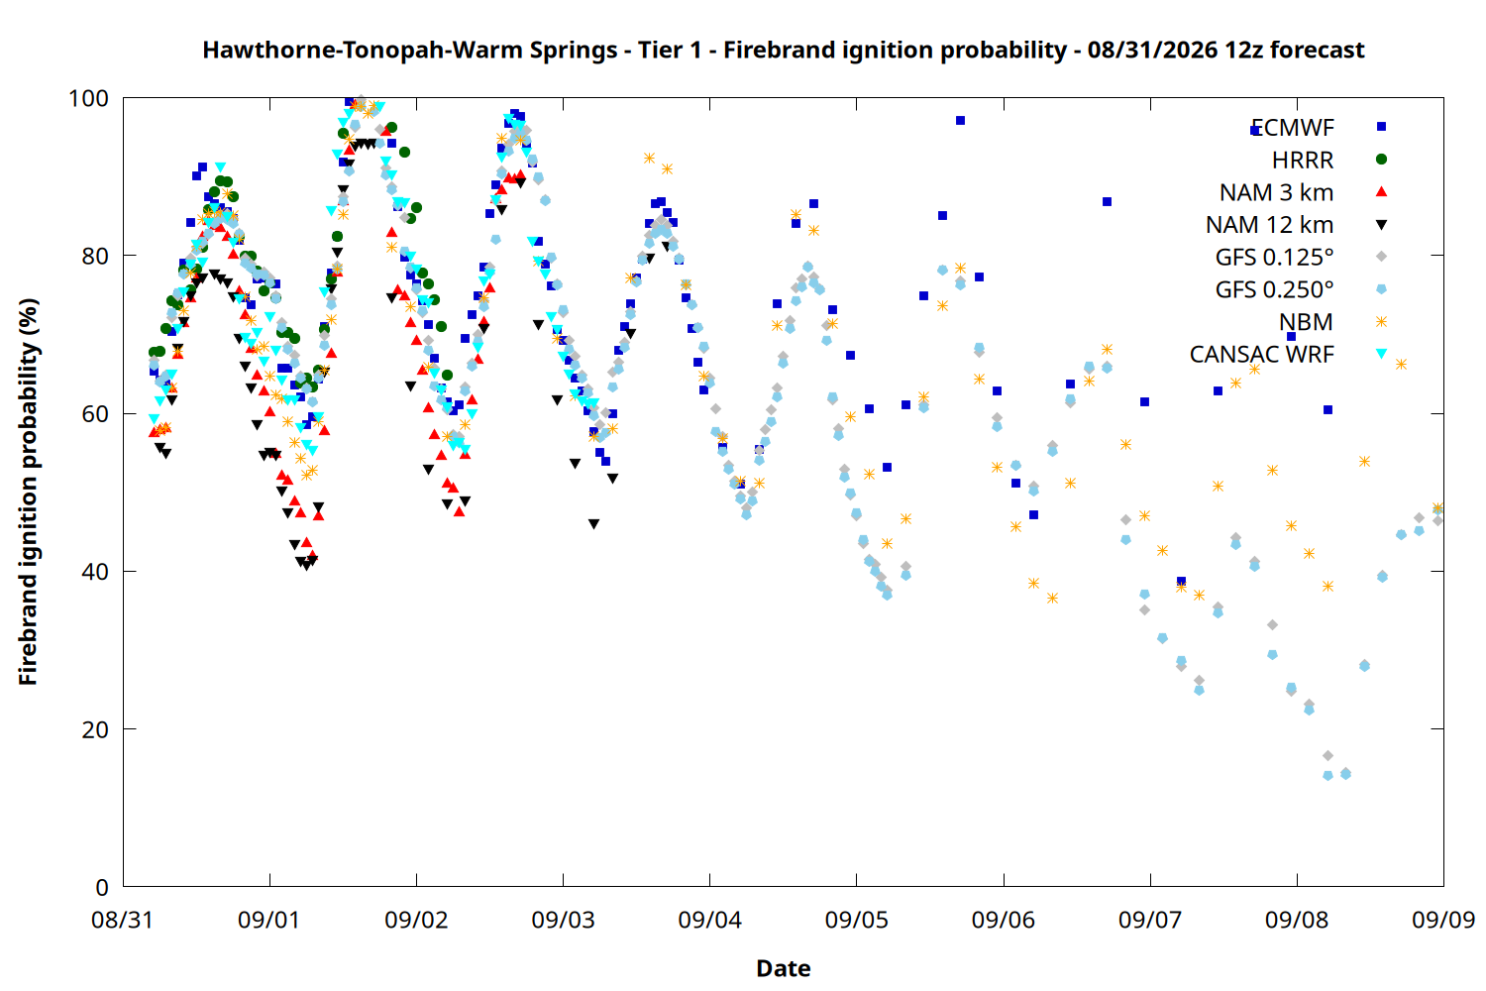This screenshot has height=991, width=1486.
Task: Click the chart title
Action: click(783, 50)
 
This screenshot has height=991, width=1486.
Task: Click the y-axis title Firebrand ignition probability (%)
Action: click(28, 492)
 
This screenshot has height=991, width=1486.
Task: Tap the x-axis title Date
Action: click(784, 968)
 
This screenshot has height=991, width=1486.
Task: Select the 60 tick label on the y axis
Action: click(95, 413)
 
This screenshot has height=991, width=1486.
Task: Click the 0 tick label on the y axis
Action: click(102, 887)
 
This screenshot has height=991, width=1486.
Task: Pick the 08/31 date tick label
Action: click(123, 920)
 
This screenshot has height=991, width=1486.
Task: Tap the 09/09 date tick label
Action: click(1443, 920)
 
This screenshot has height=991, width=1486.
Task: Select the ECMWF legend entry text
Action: click(1292, 128)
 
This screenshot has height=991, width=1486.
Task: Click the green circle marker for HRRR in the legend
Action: click(1381, 160)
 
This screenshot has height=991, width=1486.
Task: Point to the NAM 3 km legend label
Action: click(1276, 192)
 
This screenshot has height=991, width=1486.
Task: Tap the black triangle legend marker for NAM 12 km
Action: click(1381, 225)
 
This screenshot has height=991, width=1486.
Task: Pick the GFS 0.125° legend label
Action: click(1274, 257)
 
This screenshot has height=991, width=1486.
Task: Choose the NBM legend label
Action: click(1307, 322)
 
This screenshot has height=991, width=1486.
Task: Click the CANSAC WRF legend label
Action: click(1262, 355)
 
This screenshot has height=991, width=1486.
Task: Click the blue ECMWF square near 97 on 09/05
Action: click(960, 120)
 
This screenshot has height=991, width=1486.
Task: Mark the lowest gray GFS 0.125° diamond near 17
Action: click(1327, 756)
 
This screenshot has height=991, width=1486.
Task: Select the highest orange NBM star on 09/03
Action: click(649, 158)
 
